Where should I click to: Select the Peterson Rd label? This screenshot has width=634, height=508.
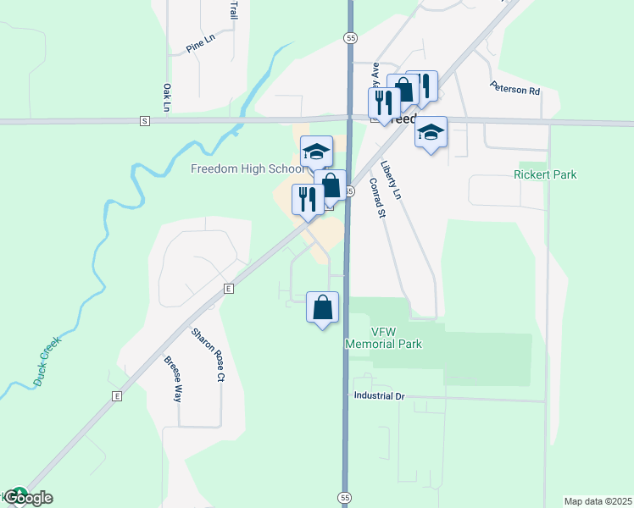coord(514,89)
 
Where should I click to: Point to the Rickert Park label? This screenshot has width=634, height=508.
coord(545,175)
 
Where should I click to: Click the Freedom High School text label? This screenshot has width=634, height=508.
coord(247,168)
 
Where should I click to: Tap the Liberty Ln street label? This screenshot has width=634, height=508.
coord(391,179)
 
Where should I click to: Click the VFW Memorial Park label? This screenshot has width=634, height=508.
coord(383,338)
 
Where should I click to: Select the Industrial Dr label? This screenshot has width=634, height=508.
coord(381,395)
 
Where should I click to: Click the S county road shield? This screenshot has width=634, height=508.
coord(145,121)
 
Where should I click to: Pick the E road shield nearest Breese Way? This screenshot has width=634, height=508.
coord(117,395)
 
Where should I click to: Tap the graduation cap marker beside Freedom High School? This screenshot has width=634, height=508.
coord(317,152)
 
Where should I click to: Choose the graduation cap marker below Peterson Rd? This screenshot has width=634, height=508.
coord(431,132)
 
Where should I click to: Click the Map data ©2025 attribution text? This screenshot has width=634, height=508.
coord(598,501)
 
